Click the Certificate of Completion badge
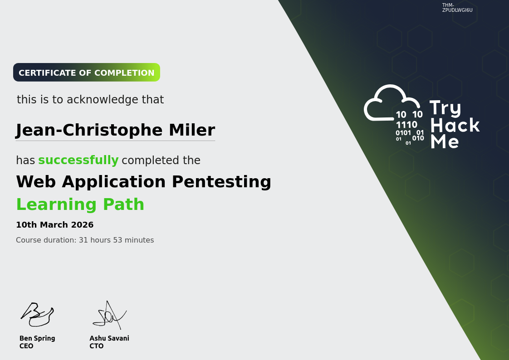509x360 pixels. (x=87, y=73)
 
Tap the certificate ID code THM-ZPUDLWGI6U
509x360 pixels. (x=457, y=7)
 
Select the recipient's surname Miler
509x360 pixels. (x=192, y=130)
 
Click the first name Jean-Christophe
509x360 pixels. (x=88, y=131)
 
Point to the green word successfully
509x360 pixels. (x=78, y=160)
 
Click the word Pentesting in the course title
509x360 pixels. (x=221, y=182)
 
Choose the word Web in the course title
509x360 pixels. (x=36, y=181)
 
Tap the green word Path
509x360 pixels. (x=123, y=204)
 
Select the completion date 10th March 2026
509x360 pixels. (x=55, y=225)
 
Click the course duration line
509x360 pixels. (x=85, y=240)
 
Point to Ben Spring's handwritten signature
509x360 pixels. (x=37, y=314)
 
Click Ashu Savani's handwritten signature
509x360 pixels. (x=109, y=315)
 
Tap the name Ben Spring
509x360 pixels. (x=37, y=338)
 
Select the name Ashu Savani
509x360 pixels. (x=109, y=338)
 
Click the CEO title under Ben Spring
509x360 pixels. (x=26, y=346)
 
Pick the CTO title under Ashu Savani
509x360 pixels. (x=97, y=346)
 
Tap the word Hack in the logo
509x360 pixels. (x=455, y=125)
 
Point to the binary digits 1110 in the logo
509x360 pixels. (x=406, y=125)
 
